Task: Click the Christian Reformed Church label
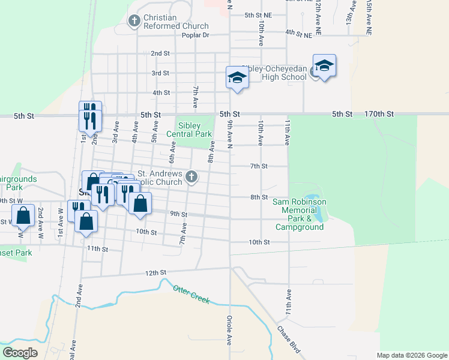tap(176, 22)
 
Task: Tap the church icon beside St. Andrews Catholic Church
tap(191, 176)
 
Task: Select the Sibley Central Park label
tap(196, 130)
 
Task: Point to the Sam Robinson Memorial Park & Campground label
tap(300, 214)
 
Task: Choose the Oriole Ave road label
tap(229, 331)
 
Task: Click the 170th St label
tap(379, 113)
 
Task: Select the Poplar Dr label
tap(196, 35)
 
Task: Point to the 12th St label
tap(155, 272)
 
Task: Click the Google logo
tap(20, 352)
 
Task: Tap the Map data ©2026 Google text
tap(411, 355)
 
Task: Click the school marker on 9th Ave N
tap(237, 78)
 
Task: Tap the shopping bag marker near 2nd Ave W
tap(23, 215)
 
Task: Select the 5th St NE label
tap(258, 14)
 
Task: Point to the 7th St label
tap(259, 166)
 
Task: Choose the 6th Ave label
tap(173, 152)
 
